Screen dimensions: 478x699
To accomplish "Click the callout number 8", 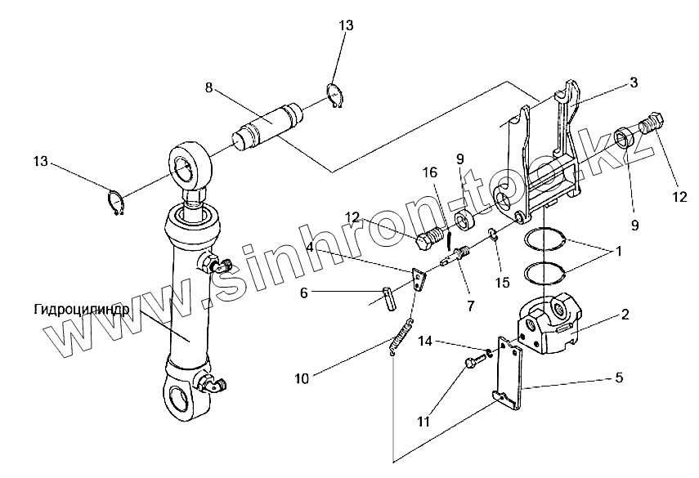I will coord(209,87).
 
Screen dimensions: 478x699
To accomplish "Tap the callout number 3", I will coord(634,83).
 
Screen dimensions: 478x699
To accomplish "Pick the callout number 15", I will coord(502,283).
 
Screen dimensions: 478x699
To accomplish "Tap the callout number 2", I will coord(624,313).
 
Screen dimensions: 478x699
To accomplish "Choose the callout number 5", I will coord(619,377).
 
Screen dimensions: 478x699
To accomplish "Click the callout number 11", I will coord(423,422).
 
